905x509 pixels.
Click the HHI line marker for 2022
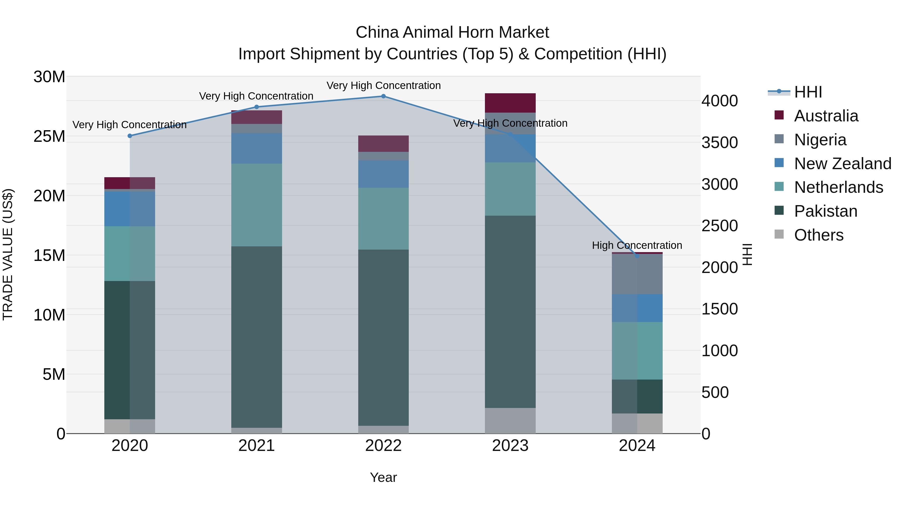click(x=383, y=96)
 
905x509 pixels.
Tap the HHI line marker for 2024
click(x=637, y=256)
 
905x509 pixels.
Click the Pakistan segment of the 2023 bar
click(x=510, y=312)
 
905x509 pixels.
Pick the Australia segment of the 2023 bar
click(x=510, y=103)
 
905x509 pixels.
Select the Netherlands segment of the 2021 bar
click(x=256, y=205)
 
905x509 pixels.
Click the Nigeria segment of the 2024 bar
click(x=637, y=274)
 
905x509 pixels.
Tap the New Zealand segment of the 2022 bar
click(x=383, y=174)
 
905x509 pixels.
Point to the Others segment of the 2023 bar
click(x=510, y=421)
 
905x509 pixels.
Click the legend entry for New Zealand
click(x=842, y=164)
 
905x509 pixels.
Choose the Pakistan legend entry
click(x=825, y=211)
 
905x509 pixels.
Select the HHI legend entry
click(x=808, y=92)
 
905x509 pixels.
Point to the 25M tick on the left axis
click(x=49, y=136)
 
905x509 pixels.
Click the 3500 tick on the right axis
click(x=719, y=143)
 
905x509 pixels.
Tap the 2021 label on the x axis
click(x=256, y=446)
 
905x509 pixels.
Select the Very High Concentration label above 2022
click(x=383, y=85)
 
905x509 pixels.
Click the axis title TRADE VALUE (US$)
click(x=8, y=254)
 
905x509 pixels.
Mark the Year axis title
click(x=383, y=477)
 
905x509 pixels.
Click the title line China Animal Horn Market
click(x=452, y=32)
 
